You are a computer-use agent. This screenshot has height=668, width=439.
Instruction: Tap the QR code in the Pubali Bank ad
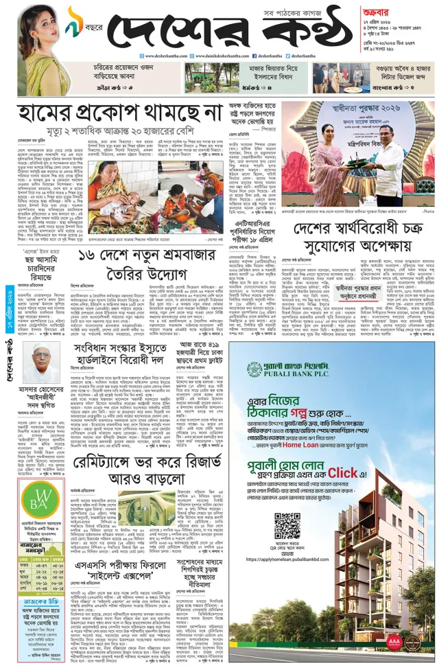(287, 527)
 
